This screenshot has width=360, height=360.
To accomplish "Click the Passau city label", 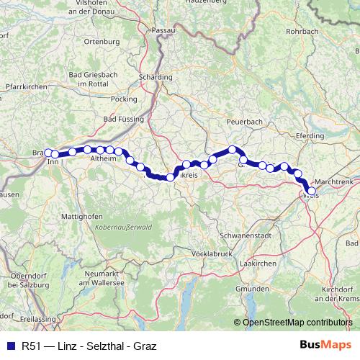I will [184, 30].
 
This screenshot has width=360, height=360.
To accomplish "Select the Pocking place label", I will [125, 98].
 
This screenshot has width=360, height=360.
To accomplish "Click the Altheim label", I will [104, 157].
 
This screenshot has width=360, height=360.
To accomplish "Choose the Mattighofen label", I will [79, 215].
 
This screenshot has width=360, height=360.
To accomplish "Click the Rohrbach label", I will [302, 32].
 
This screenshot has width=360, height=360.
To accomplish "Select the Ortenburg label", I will [102, 42].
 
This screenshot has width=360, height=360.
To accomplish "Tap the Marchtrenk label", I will [333, 183].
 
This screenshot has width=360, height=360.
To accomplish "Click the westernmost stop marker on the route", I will [48, 153].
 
